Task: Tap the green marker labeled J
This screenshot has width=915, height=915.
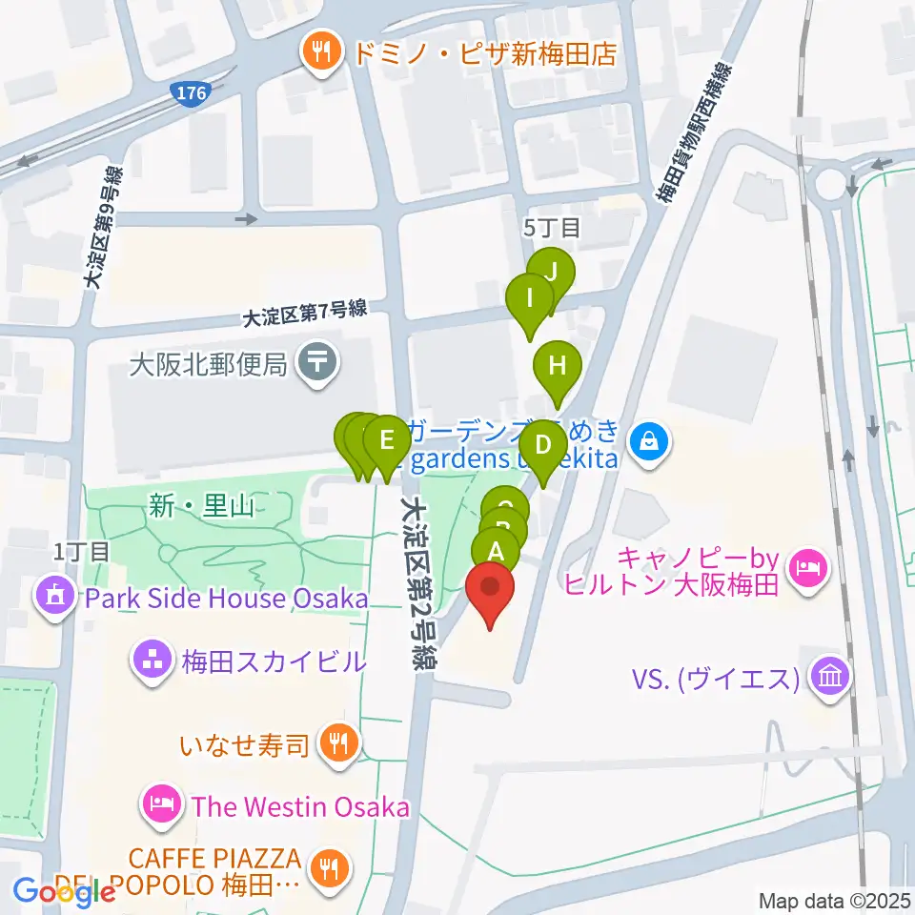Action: pos(551,273)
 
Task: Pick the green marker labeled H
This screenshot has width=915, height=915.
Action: pos(557,366)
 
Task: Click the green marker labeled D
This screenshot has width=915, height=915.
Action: pos(543,445)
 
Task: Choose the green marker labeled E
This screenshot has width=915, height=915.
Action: pos(386,441)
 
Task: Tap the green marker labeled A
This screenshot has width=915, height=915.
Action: pos(496,552)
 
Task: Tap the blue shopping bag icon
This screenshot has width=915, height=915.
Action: pos(648,441)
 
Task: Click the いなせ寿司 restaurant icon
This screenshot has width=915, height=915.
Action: pos(336,742)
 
